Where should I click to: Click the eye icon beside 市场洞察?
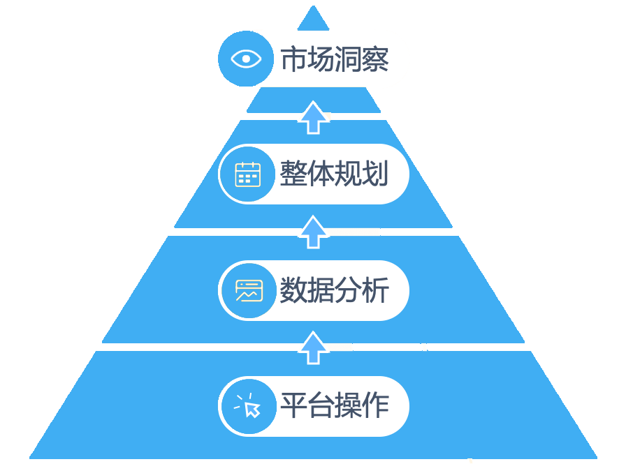coord(246,59)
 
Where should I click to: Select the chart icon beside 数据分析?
coord(249,290)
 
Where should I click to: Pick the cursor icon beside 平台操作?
coord(248,405)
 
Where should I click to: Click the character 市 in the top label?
coord(293,59)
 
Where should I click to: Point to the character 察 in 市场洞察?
coord(375,59)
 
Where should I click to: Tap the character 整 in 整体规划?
coord(293,174)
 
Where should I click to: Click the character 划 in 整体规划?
coord(375,174)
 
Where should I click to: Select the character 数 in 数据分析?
coord(293,290)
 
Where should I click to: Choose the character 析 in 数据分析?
coord(375,290)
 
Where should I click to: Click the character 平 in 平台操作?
coord(293,405)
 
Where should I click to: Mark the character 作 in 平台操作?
coord(375,405)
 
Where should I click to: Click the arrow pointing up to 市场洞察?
coord(313,117)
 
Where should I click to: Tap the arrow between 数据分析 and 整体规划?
coord(313,232)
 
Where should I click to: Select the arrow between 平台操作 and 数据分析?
coord(313,347)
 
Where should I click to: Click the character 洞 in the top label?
coord(348,59)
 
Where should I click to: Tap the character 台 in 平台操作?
coord(321,405)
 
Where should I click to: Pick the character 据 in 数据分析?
coord(321,290)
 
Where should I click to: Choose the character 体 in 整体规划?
coord(321,174)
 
